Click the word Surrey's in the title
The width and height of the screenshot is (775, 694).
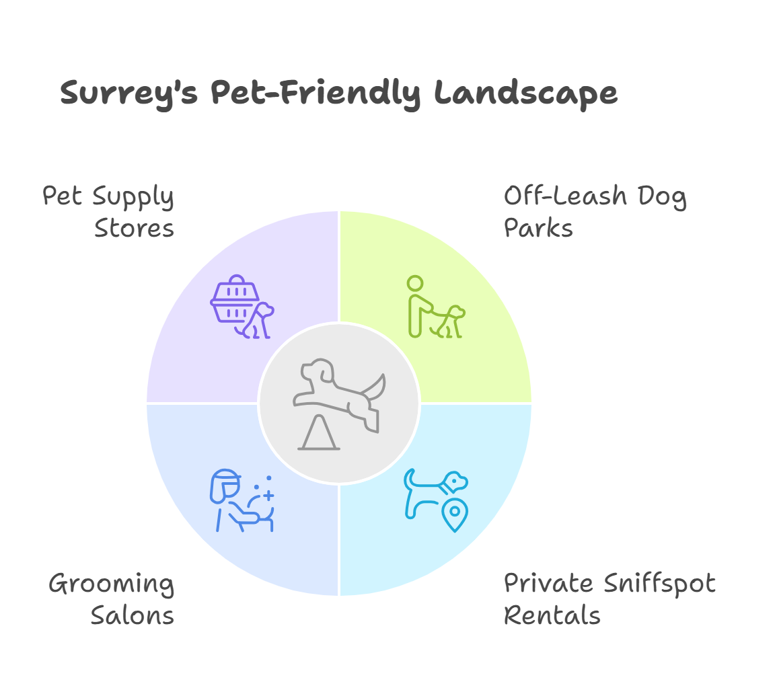click(x=128, y=93)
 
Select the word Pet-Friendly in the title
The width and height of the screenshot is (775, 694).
click(x=316, y=93)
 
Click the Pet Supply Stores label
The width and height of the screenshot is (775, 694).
click(x=109, y=213)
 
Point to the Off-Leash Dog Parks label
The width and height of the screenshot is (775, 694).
click(x=595, y=213)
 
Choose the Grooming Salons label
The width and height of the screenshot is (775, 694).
click(x=112, y=599)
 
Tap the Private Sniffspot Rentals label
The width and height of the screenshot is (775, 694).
click(x=610, y=599)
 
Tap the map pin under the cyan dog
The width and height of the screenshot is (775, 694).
click(x=455, y=515)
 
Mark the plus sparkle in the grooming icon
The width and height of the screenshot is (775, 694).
click(x=268, y=495)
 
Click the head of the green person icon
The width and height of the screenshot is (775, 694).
click(x=416, y=283)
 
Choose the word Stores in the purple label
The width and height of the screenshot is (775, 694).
click(x=135, y=229)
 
